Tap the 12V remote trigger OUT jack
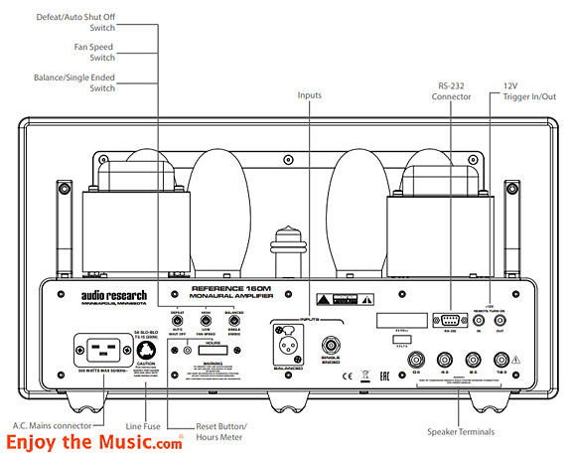[513, 322]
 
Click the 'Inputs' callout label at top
[310, 95]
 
